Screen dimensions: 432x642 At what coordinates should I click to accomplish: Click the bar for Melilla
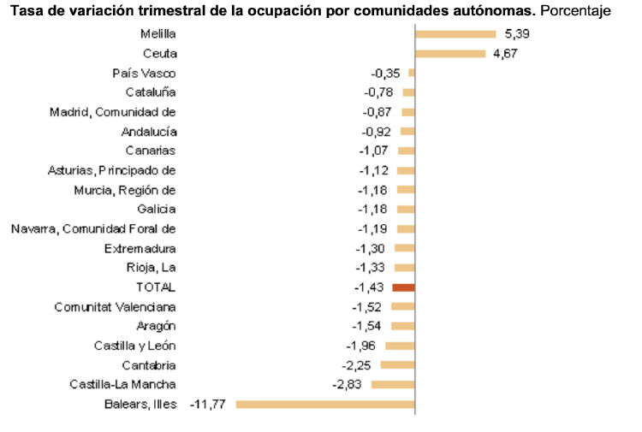click(455, 34)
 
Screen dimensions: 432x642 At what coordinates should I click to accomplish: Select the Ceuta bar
click(450, 54)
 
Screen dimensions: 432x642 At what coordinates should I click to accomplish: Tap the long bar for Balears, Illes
click(324, 404)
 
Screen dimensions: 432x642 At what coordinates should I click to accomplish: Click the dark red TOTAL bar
click(403, 287)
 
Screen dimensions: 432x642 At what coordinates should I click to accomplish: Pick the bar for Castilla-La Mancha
click(393, 384)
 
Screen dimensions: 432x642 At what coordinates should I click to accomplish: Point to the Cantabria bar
click(397, 365)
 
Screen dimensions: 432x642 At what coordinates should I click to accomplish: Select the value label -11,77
click(208, 404)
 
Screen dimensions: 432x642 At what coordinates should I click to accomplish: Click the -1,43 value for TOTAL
click(370, 287)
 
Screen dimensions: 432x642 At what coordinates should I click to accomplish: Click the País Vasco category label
click(144, 74)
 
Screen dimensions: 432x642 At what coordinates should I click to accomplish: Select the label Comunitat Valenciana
click(115, 307)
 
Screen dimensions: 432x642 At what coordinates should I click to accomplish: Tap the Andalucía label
click(149, 132)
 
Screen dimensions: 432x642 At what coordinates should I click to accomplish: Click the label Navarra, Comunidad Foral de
click(93, 228)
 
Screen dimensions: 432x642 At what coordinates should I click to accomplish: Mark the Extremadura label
click(140, 248)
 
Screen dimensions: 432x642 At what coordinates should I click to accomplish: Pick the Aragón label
click(156, 326)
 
